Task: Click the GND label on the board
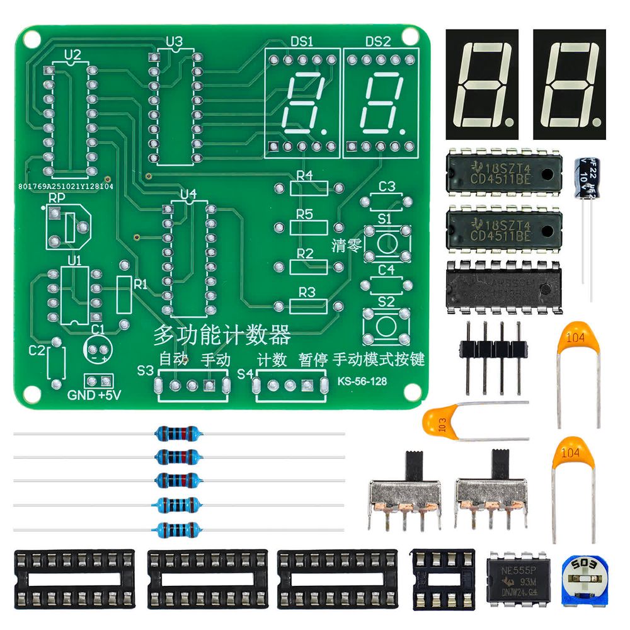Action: (x=79, y=396)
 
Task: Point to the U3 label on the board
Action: (x=175, y=42)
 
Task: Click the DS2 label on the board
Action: (x=378, y=42)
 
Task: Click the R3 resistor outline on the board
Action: (x=308, y=306)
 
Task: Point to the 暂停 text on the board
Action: (x=312, y=360)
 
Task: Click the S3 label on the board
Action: (x=146, y=370)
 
